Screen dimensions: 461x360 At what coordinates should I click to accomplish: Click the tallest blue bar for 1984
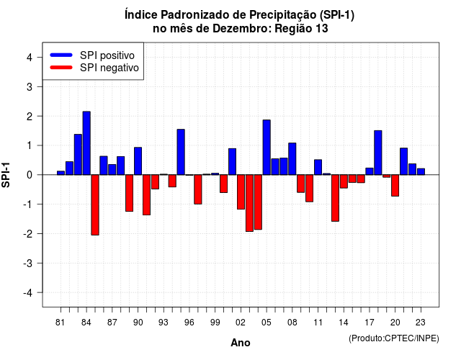86,143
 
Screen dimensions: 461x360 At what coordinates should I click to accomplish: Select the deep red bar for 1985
95,204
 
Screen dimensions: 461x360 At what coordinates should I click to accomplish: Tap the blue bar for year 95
181,152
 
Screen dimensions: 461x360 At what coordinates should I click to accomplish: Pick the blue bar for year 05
267,147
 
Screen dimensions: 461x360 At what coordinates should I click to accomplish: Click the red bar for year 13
335,198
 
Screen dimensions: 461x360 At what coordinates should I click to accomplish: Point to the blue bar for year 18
378,153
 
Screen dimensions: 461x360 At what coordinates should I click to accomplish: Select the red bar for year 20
395,186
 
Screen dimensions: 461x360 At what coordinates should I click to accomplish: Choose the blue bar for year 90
138,161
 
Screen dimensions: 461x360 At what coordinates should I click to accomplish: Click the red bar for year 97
198,189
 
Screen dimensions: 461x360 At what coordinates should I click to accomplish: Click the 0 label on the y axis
30,175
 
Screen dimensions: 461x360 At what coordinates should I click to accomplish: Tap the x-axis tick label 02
241,323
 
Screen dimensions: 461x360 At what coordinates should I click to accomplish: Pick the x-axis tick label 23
421,323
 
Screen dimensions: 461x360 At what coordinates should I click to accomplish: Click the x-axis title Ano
241,343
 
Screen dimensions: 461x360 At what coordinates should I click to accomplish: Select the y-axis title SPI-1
6,175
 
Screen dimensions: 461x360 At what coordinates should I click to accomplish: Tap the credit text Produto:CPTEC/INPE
394,338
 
